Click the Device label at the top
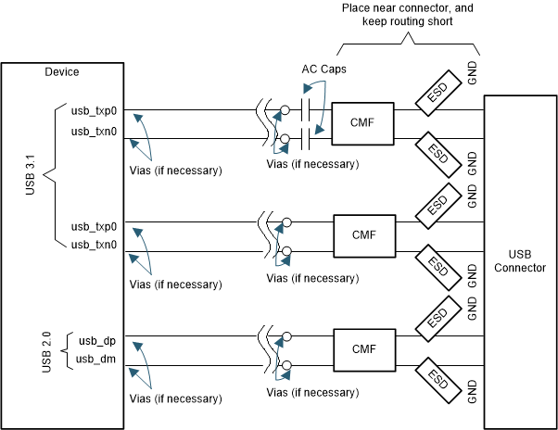click(x=62, y=72)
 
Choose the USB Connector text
click(x=520, y=260)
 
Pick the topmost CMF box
click(x=363, y=122)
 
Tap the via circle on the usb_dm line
click(x=285, y=364)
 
